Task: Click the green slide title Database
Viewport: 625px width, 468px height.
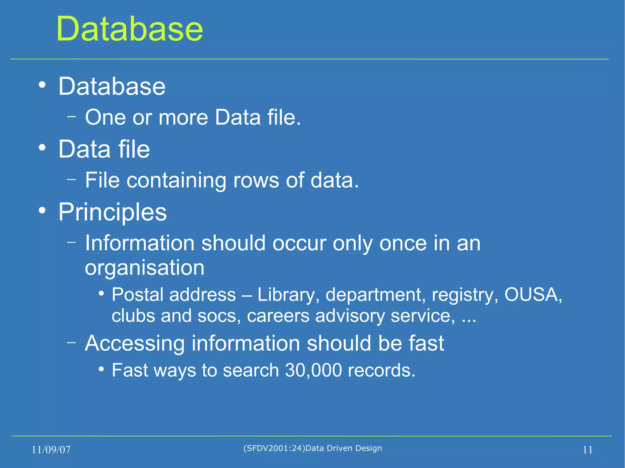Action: pos(129,29)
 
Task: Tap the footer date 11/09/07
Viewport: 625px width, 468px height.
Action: pos(51,450)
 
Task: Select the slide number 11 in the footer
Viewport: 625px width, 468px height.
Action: pos(587,450)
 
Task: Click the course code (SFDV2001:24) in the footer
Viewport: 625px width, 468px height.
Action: pos(274,448)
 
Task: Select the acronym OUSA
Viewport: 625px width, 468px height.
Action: pos(533,295)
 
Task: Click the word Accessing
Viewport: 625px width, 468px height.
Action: pos(135,343)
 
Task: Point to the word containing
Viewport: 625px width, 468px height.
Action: pos(176,180)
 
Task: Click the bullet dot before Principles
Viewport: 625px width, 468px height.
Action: pos(42,210)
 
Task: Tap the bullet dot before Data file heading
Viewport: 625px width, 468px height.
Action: pos(42,148)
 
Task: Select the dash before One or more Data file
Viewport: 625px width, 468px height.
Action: pos(71,116)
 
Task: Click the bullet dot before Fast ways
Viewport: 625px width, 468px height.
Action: pos(101,369)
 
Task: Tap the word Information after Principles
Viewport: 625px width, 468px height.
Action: pos(139,243)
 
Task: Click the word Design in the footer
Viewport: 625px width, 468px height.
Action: pos(369,448)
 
